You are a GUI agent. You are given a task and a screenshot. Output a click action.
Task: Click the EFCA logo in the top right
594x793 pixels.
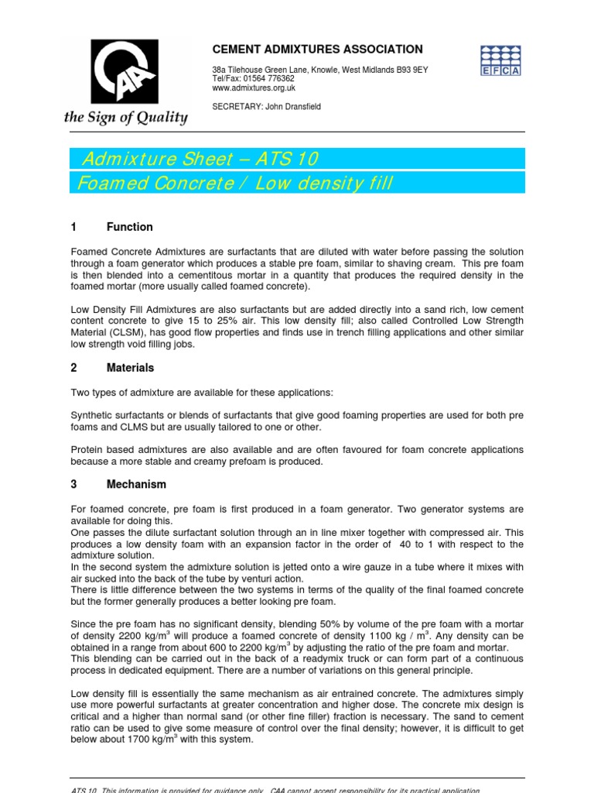tap(501, 60)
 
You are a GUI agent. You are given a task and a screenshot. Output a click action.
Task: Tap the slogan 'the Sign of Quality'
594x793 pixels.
tap(126, 118)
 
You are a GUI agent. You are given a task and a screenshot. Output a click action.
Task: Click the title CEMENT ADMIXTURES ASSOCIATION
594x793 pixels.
tap(317, 49)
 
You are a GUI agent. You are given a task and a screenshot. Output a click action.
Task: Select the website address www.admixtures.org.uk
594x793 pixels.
tap(253, 88)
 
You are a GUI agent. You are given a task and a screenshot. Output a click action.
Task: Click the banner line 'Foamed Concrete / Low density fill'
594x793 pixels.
tap(233, 184)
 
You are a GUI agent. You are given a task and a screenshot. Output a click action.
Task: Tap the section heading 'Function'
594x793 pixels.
tap(129, 227)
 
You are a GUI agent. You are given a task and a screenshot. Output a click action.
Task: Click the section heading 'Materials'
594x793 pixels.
tap(130, 368)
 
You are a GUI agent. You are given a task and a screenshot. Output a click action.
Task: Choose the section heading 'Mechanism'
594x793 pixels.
tap(136, 484)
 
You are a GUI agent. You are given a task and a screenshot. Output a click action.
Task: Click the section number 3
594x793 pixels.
tap(74, 484)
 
